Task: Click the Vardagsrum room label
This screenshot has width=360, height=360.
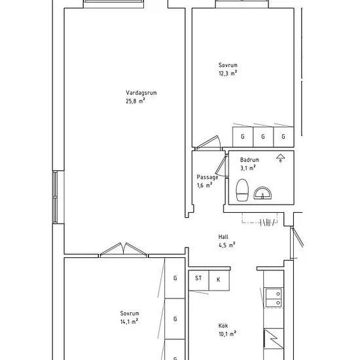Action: click(141, 93)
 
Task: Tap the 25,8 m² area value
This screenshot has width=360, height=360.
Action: click(135, 101)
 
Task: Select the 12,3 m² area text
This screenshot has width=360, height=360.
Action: click(228, 73)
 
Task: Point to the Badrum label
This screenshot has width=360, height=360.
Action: click(249, 160)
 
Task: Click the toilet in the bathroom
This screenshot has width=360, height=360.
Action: click(242, 190)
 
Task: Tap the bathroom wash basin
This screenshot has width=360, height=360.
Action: click(262, 193)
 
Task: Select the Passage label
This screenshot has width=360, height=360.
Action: click(207, 177)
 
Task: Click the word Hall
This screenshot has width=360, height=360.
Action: click(223, 237)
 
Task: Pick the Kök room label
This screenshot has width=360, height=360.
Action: click(223, 325)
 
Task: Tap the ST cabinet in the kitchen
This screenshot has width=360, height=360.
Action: click(198, 280)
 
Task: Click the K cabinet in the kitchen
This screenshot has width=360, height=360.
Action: click(219, 280)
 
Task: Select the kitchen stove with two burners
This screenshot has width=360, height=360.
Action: click(274, 298)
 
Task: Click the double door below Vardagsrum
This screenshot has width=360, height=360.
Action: click(124, 249)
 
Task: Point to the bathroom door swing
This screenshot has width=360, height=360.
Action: click(221, 165)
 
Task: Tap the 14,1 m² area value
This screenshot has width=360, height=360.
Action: click(129, 321)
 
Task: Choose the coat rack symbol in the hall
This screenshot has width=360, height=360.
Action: click(260, 220)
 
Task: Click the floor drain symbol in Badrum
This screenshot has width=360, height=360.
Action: click(280, 158)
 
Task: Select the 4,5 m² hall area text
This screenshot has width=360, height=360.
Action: click(227, 245)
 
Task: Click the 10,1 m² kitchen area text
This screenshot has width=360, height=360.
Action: click(227, 334)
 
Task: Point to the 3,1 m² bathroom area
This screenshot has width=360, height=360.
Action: click(248, 168)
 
